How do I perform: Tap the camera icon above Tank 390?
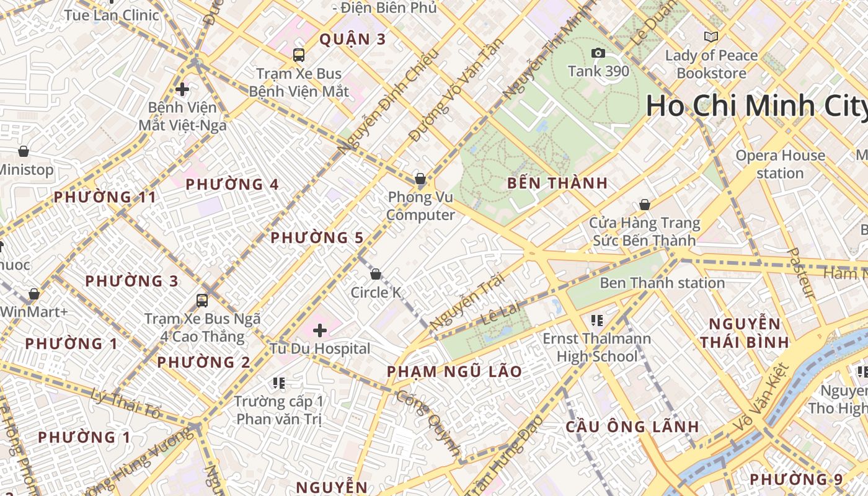click(598, 53)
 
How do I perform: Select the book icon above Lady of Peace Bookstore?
click(711, 37)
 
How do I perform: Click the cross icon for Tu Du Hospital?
click(320, 330)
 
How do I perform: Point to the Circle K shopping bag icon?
click(376, 274)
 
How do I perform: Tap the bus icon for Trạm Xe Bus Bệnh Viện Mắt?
click(299, 55)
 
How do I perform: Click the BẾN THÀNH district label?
click(557, 184)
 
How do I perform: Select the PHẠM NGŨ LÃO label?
click(454, 371)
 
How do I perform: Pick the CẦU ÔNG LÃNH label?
click(632, 427)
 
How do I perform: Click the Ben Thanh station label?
click(662, 283)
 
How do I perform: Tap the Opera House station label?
click(780, 164)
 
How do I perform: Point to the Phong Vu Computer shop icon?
click(420, 179)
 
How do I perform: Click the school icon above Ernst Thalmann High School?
click(597, 321)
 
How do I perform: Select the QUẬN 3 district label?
click(352, 40)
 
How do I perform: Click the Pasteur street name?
click(801, 273)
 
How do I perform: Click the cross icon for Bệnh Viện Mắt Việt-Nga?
click(182, 89)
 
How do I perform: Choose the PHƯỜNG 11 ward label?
click(105, 197)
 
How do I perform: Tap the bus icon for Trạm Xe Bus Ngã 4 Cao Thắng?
click(202, 301)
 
